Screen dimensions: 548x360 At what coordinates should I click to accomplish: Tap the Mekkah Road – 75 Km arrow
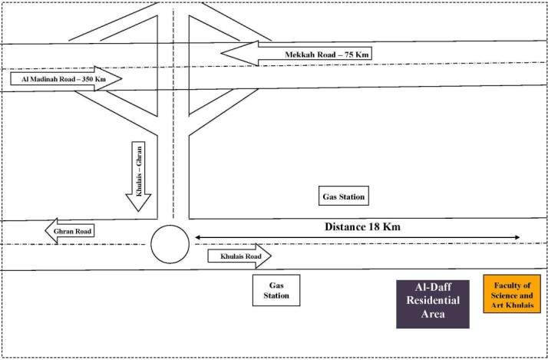click(296, 54)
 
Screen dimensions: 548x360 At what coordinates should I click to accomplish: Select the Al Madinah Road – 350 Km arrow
click(66, 78)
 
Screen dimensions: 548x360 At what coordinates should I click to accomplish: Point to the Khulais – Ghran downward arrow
click(138, 177)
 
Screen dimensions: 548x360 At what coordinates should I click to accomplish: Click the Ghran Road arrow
click(70, 231)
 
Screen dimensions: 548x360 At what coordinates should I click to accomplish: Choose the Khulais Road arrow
click(239, 256)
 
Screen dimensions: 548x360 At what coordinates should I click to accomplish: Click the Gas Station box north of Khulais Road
click(344, 196)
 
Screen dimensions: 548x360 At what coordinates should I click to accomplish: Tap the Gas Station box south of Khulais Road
click(276, 290)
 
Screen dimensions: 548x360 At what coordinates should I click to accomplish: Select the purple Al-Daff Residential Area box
click(433, 304)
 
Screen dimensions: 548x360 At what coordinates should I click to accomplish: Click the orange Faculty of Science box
click(512, 294)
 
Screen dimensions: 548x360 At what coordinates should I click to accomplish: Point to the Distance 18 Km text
click(362, 227)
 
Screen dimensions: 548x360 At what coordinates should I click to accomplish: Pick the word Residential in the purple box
click(433, 300)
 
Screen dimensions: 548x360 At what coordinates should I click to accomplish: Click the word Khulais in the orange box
click(520, 306)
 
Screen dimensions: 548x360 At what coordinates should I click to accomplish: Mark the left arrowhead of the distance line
click(197, 238)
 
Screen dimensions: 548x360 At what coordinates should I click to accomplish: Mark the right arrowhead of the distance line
click(517, 238)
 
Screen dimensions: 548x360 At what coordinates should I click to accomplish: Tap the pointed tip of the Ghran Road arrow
click(45, 231)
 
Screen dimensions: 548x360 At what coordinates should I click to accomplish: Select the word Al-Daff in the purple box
click(433, 287)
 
